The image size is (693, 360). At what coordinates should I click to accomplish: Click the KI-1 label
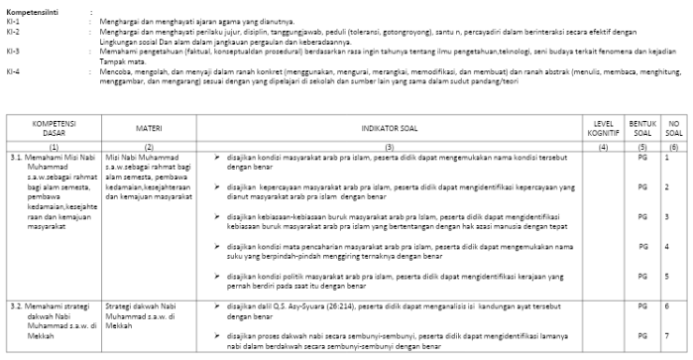click(11, 19)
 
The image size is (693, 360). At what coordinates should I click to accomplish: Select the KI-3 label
click(11, 50)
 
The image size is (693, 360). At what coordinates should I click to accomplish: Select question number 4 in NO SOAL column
click(667, 245)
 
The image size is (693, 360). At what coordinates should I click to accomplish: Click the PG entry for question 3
click(642, 216)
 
